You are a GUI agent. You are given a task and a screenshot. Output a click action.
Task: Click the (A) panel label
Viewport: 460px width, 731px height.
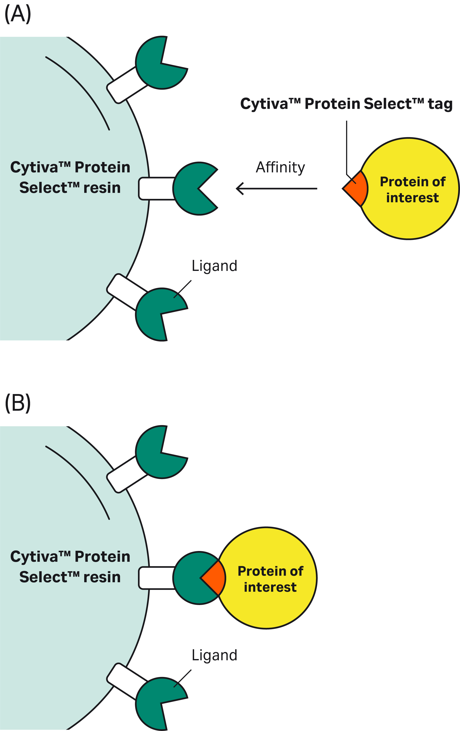[x=18, y=14]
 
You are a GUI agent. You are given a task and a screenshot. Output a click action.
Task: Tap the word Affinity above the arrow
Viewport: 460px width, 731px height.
[x=280, y=167]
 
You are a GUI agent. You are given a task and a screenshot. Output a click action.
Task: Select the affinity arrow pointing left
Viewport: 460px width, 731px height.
[x=276, y=188]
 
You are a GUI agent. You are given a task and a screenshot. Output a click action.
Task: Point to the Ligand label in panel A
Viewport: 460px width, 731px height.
[x=214, y=266]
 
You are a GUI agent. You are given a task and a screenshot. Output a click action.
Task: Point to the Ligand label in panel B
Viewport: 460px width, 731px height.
[x=214, y=655]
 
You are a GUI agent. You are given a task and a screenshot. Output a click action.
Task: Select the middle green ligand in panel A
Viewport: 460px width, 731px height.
[x=188, y=188]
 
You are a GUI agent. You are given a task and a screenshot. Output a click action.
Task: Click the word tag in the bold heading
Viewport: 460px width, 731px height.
[x=440, y=104]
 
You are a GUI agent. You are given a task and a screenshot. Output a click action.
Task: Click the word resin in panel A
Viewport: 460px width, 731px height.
[x=102, y=188]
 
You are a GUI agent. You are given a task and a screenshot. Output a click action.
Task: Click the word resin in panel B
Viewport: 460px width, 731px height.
[x=102, y=577]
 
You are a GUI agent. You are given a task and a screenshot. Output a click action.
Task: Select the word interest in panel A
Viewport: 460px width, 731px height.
[x=412, y=198]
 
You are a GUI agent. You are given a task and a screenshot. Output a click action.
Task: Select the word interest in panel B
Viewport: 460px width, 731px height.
[x=270, y=587]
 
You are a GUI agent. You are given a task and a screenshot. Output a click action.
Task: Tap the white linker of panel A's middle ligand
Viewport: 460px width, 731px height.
[x=156, y=188]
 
